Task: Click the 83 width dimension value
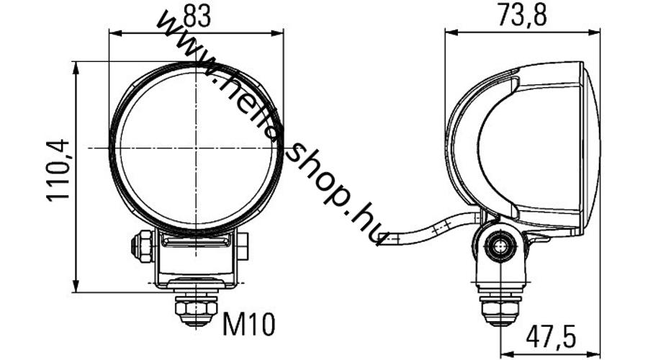point(197,17)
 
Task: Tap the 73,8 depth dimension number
point(522,15)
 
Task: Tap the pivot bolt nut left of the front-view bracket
point(141,247)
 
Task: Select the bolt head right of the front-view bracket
point(243,247)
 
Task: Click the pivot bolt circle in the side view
point(500,246)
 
